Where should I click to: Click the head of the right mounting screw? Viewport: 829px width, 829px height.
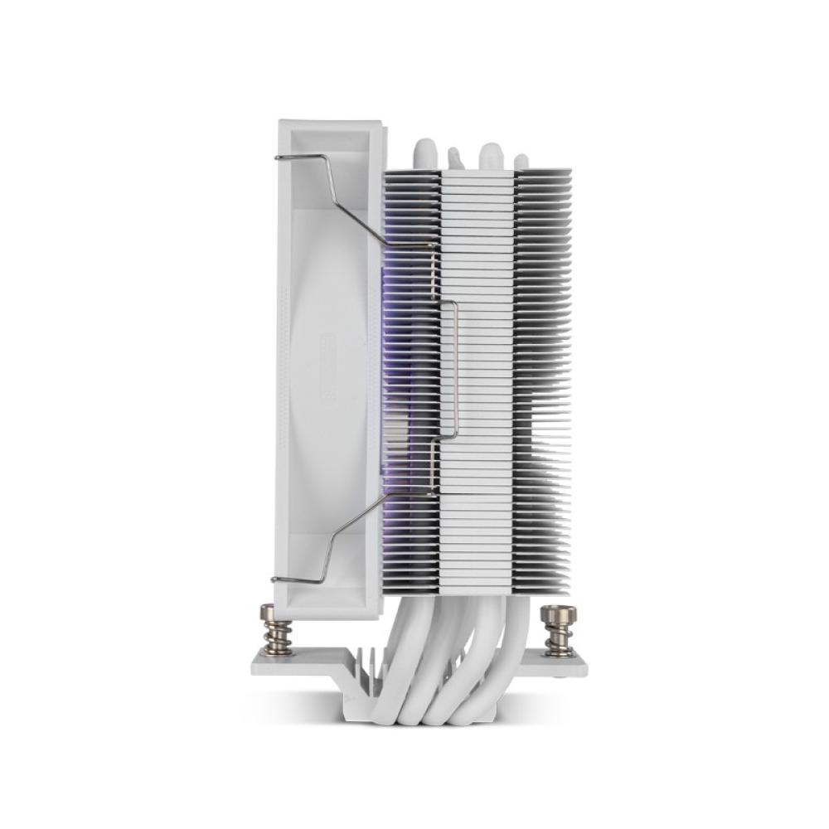coord(558,614)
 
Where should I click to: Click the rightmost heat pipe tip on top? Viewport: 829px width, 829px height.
coord(521,161)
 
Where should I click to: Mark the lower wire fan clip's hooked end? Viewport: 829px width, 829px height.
coord(276,579)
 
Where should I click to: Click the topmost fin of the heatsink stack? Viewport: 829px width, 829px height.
coord(477,173)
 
